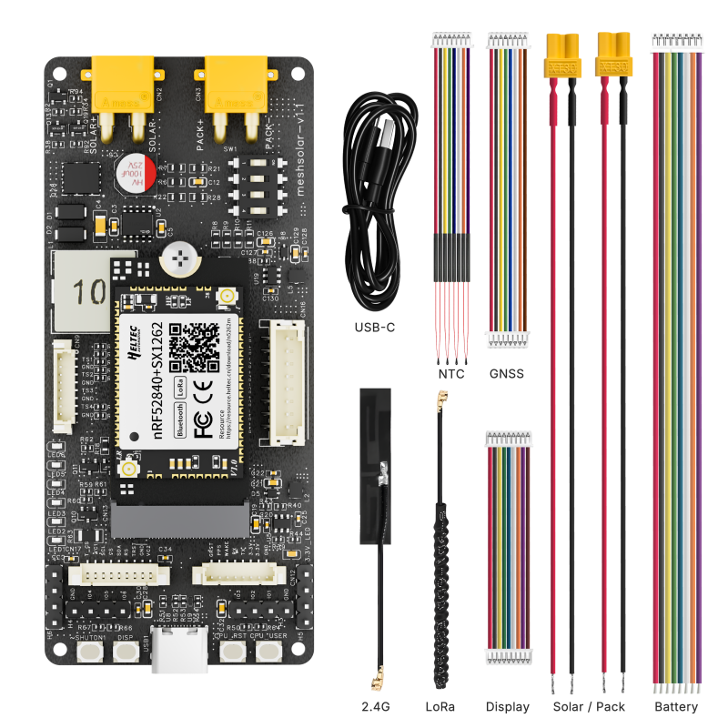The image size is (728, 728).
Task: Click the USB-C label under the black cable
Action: (375, 327)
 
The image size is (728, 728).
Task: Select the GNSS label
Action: (507, 372)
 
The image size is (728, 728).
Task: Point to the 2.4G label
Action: (377, 706)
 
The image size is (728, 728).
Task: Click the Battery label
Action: (676, 706)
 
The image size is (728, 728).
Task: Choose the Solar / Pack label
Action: (590, 706)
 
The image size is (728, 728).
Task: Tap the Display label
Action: (508, 706)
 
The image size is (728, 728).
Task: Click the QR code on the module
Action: (191, 343)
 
